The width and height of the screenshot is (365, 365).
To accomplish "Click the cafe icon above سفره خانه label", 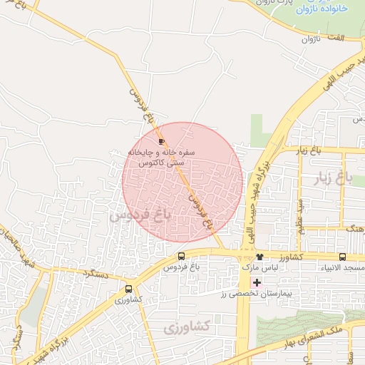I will click(x=161, y=141).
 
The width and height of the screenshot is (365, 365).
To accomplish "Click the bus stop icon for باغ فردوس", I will click(x=181, y=257).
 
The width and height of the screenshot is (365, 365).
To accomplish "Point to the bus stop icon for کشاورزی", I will click(x=128, y=289).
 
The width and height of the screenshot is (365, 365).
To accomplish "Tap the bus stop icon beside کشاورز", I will click(x=342, y=257).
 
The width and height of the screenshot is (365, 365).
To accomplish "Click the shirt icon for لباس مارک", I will click(x=259, y=257).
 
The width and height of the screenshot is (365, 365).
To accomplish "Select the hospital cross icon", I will click(x=257, y=283).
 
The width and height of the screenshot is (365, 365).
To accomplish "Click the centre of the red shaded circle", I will click(x=182, y=182).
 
